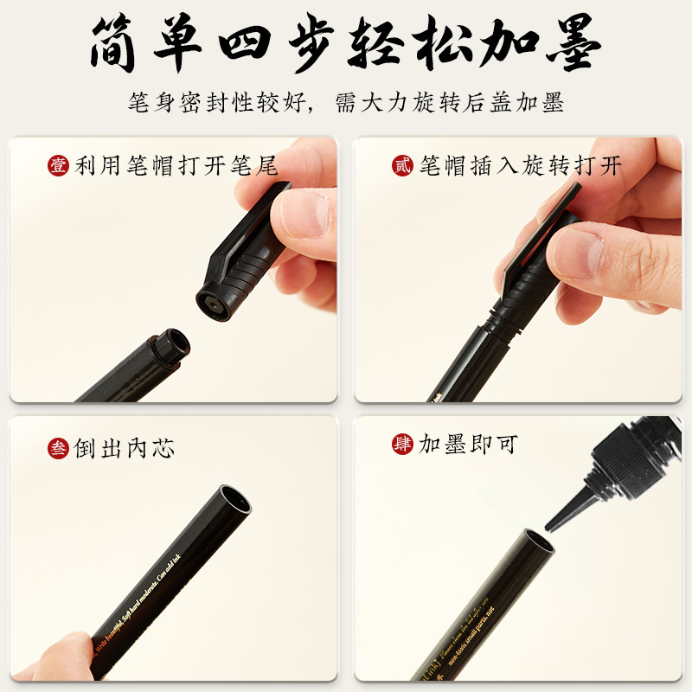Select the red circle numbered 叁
[58, 448]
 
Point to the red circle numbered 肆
[403, 445]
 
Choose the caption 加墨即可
[468, 445]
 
